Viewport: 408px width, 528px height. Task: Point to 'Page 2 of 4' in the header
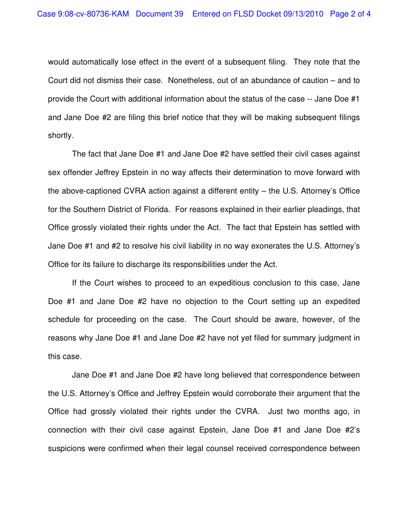coord(350,14)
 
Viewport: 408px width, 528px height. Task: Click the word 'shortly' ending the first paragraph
coord(60,135)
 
